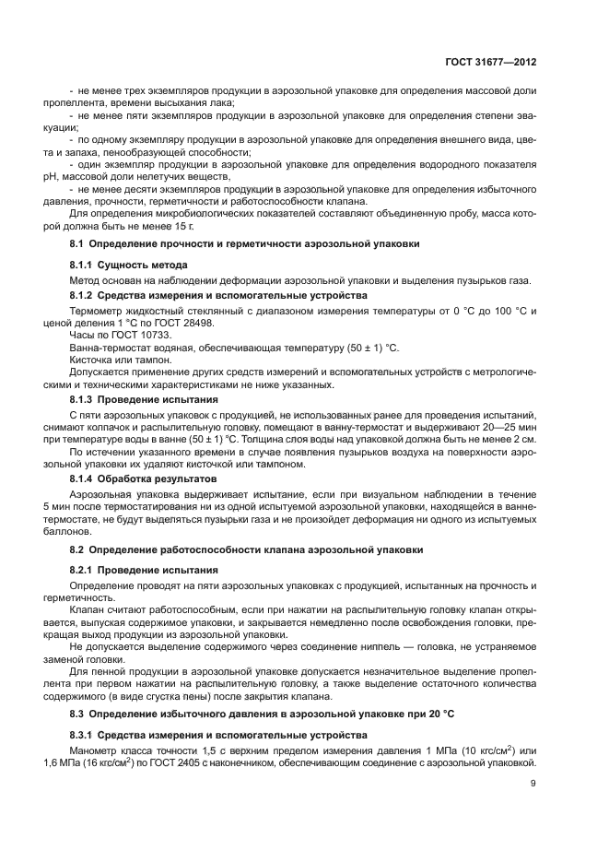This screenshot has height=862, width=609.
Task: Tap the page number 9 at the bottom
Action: [534, 785]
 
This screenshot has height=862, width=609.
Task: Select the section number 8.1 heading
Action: [77, 244]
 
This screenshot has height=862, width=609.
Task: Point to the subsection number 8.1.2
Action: [83, 295]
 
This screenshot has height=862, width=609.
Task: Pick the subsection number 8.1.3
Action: [83, 400]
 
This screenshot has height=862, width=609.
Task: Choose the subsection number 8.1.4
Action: [83, 479]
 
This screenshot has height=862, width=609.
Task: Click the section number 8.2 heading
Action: [77, 549]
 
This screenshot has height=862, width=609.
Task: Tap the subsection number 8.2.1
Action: [83, 571]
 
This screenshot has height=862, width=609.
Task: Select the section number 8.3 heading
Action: [77, 714]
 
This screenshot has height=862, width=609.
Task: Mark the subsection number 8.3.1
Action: [83, 735]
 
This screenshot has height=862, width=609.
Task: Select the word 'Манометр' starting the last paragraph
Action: [94, 751]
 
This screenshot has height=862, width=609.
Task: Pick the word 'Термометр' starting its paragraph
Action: [96, 311]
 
